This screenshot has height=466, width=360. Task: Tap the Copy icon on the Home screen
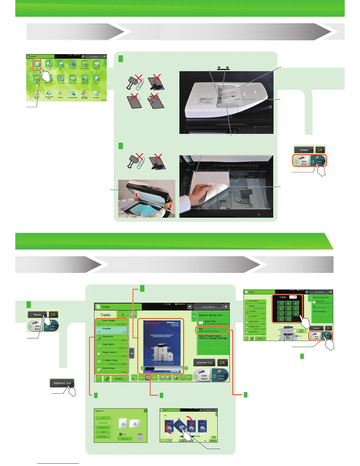pos(37,64)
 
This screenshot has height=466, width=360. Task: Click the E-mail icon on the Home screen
pos(49,64)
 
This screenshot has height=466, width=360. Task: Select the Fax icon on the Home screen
pos(61,64)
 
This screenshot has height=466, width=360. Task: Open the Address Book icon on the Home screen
pos(96,64)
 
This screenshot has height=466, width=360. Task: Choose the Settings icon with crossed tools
pos(60,93)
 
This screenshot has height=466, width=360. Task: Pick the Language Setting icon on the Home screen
pos(73,93)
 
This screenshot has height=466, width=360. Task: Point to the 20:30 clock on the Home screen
pos(104,100)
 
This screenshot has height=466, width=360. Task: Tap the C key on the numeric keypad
pos(288,319)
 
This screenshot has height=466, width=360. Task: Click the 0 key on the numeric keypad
pos(280,319)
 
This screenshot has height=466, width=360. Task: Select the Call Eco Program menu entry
pos(319,312)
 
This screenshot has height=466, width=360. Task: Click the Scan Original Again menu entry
pos(213,337)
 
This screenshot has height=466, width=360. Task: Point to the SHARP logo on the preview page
pos(152,323)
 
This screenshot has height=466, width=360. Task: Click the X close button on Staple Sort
pos(145,411)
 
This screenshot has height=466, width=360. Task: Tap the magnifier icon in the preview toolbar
pos(148,377)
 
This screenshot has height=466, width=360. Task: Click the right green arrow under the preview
pos(186,368)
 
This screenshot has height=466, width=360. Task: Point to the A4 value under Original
pos(124,332)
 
